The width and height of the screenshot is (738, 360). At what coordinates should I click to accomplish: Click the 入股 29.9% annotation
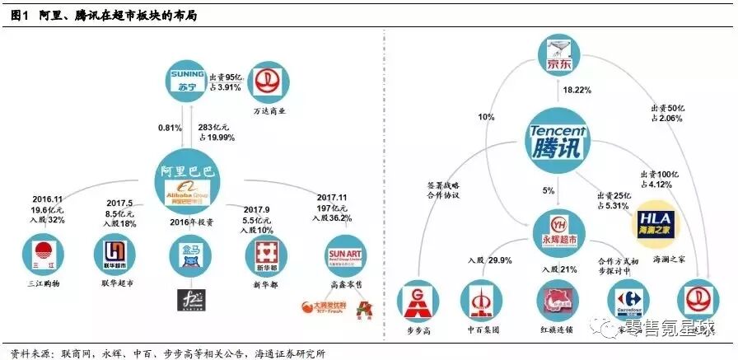(x=478, y=260)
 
